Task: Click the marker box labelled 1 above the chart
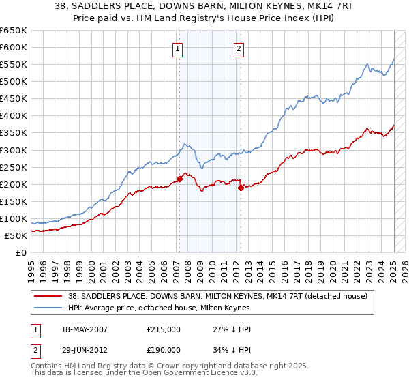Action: coord(178,48)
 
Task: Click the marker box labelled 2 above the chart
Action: coord(240,48)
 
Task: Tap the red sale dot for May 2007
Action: coord(179,179)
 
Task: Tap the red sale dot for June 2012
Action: coord(241,188)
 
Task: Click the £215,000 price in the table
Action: coord(163,329)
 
